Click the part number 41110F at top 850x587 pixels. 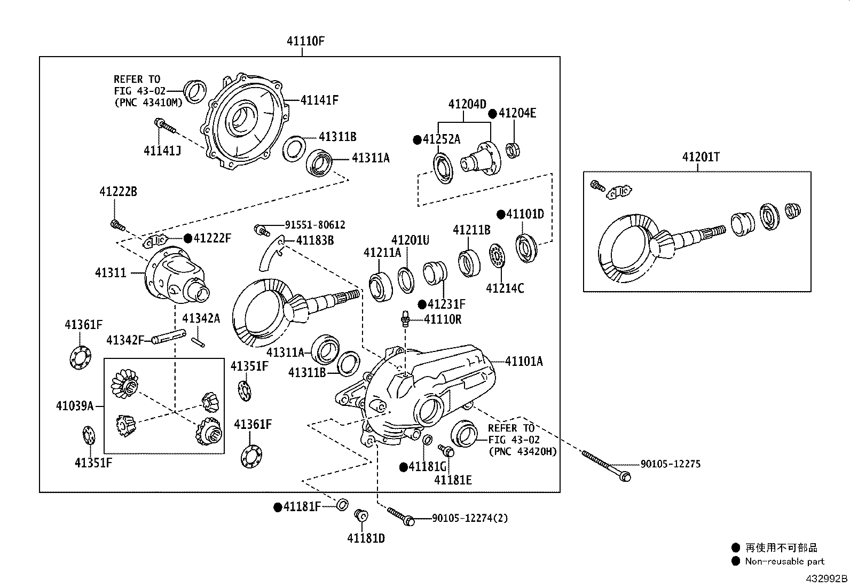tap(305, 41)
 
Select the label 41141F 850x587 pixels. tap(319, 100)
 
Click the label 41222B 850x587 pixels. tap(118, 191)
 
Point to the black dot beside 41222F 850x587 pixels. tap(187, 238)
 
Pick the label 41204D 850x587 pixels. tap(467, 104)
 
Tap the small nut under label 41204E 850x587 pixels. tap(513, 151)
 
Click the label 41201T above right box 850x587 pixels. tap(701, 157)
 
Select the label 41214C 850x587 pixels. tap(505, 288)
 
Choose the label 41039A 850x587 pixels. tap(75, 406)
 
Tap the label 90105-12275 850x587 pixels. tap(670, 464)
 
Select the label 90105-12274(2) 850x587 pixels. tap(470, 518)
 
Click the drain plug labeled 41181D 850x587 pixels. tap(361, 516)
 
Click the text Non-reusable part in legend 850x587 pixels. tap(784, 561)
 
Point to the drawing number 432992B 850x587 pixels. tap(826, 578)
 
